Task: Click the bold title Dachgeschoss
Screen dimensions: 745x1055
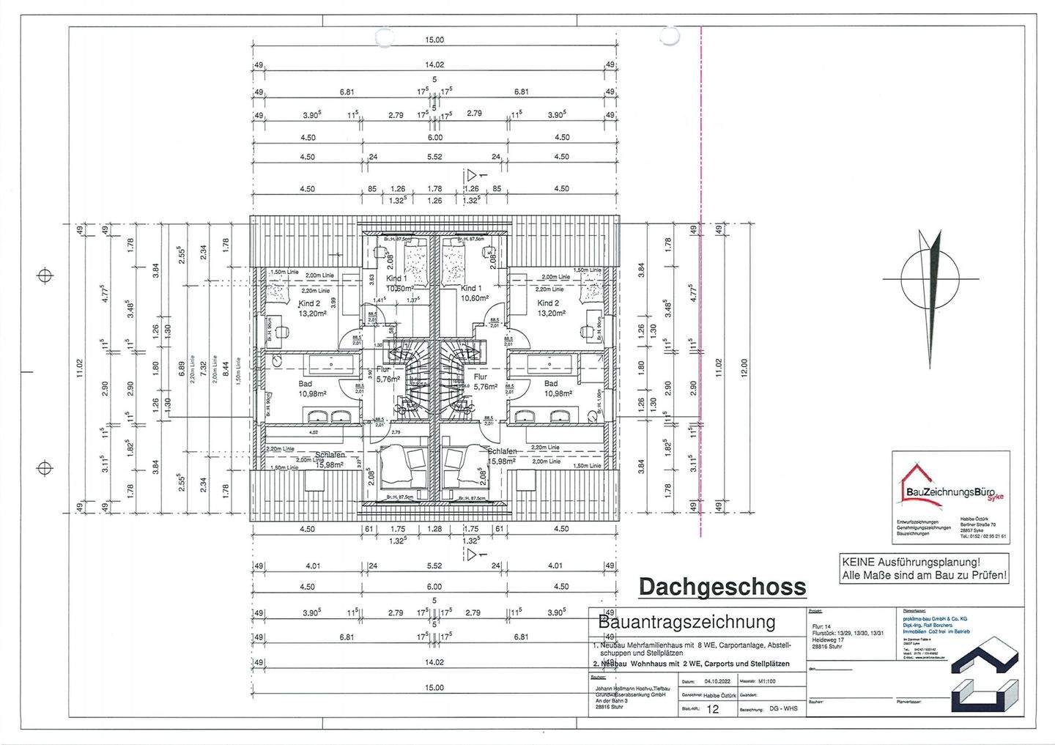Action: click(722, 587)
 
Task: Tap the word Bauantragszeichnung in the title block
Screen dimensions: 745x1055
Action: click(686, 623)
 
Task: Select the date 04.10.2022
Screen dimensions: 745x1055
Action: click(701, 681)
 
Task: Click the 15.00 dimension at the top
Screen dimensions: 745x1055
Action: click(434, 41)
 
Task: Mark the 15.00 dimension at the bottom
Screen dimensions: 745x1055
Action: click(434, 687)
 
